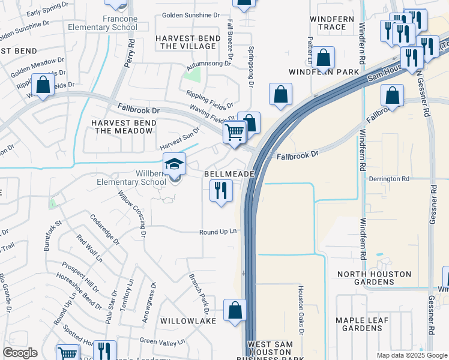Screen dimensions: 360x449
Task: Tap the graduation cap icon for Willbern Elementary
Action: [175, 164]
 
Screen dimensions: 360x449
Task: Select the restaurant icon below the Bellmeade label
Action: [221, 191]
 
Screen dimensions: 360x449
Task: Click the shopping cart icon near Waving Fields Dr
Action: [235, 131]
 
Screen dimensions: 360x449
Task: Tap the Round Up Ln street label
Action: [218, 232]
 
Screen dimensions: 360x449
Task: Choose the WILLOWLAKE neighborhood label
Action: [188, 321]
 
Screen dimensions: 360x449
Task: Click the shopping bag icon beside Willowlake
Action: [235, 310]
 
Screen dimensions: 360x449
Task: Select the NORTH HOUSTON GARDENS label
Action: [375, 278]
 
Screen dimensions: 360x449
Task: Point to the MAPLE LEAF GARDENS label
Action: [370, 324]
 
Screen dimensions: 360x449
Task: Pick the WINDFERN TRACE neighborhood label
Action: [328, 23]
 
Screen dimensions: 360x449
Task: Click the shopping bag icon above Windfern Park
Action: [324, 58]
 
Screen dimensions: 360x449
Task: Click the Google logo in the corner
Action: [20, 353]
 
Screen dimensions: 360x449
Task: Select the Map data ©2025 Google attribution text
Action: [411, 355]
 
